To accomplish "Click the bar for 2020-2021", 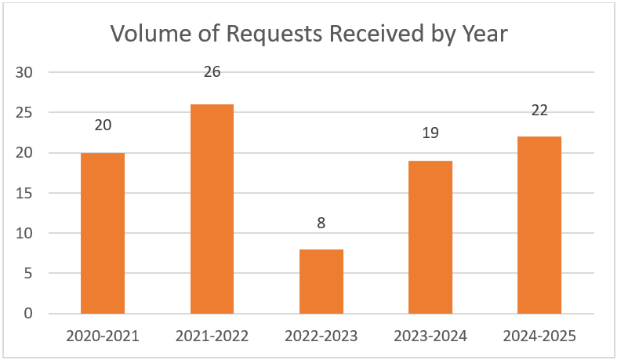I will coord(103,233).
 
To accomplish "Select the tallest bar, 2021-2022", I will coord(212,209).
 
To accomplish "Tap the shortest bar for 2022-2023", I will coord(321,281).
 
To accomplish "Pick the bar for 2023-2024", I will coord(430,237).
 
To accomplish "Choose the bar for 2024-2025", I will coord(539,225).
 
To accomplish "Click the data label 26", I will coord(212,71).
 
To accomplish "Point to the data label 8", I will coord(321,223).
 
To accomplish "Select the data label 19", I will coord(430,133).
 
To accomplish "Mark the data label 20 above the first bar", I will coord(103,125).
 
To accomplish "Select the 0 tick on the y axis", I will coord(28,314).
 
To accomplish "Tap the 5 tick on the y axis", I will coord(28,274).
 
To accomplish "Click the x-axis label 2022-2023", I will coord(321,336).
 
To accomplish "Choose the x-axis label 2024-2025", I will coord(539,336).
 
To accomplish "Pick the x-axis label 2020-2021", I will coord(103,336).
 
